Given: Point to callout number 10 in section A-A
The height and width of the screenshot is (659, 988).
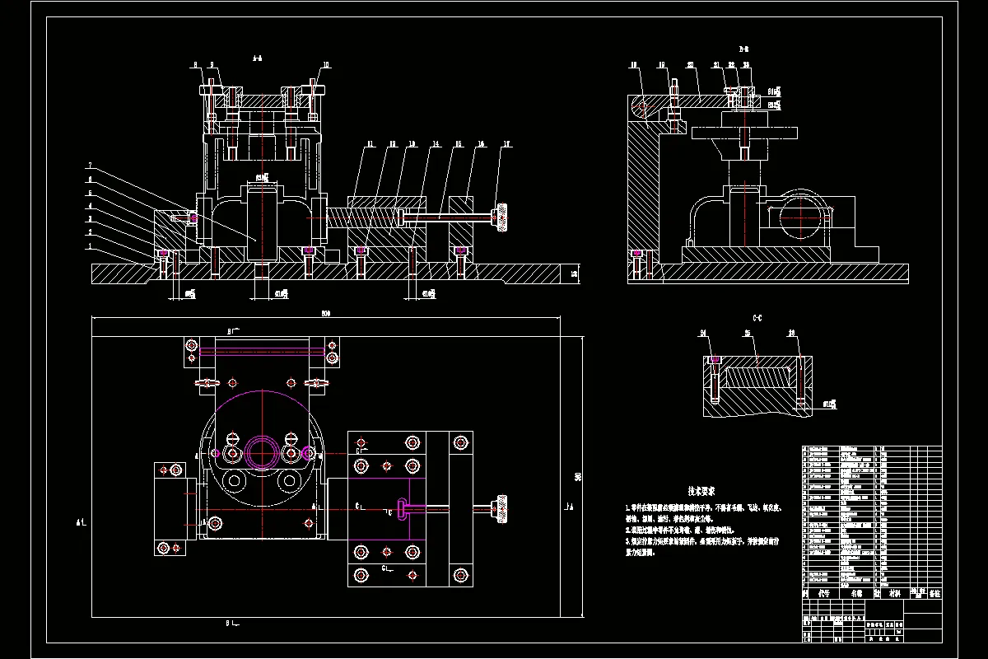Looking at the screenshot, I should pyautogui.click(x=326, y=64).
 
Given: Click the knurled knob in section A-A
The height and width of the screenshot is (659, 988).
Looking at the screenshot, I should pyautogui.click(x=499, y=217).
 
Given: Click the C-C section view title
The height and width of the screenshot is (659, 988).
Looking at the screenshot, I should pyautogui.click(x=757, y=317).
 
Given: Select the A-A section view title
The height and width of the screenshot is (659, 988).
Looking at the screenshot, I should pyautogui.click(x=258, y=58).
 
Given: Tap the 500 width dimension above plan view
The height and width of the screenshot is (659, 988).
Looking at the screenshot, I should pyautogui.click(x=326, y=314).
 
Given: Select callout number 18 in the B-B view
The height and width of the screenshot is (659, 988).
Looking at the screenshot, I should pyautogui.click(x=634, y=64).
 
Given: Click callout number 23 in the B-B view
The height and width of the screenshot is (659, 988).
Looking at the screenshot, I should pyautogui.click(x=746, y=64).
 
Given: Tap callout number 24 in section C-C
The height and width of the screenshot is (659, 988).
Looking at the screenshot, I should pyautogui.click(x=704, y=334).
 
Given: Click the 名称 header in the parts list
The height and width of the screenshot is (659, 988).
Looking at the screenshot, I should pyautogui.click(x=855, y=593).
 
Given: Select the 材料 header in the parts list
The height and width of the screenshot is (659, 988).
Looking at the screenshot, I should pyautogui.click(x=893, y=593).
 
